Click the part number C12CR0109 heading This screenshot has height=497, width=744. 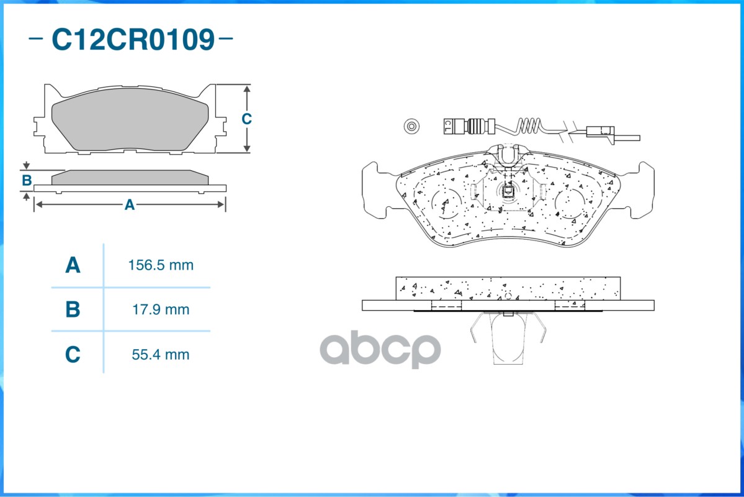[132, 39]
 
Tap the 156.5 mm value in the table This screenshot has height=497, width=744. [161, 265]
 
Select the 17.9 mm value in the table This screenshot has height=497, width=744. [161, 309]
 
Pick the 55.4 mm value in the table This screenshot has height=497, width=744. [161, 355]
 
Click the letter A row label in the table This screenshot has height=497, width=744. [73, 265]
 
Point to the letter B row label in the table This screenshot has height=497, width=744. [73, 309]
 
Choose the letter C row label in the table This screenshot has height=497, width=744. [73, 355]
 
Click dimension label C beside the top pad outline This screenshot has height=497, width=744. [246, 119]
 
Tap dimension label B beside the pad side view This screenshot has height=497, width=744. [27, 181]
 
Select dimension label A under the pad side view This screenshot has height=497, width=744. [129, 204]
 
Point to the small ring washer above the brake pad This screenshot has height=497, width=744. [410, 126]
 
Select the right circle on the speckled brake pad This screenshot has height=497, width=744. [569, 203]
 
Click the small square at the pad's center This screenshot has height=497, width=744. [507, 191]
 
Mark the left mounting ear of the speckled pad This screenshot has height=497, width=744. [375, 189]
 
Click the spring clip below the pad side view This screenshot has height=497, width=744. [508, 339]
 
